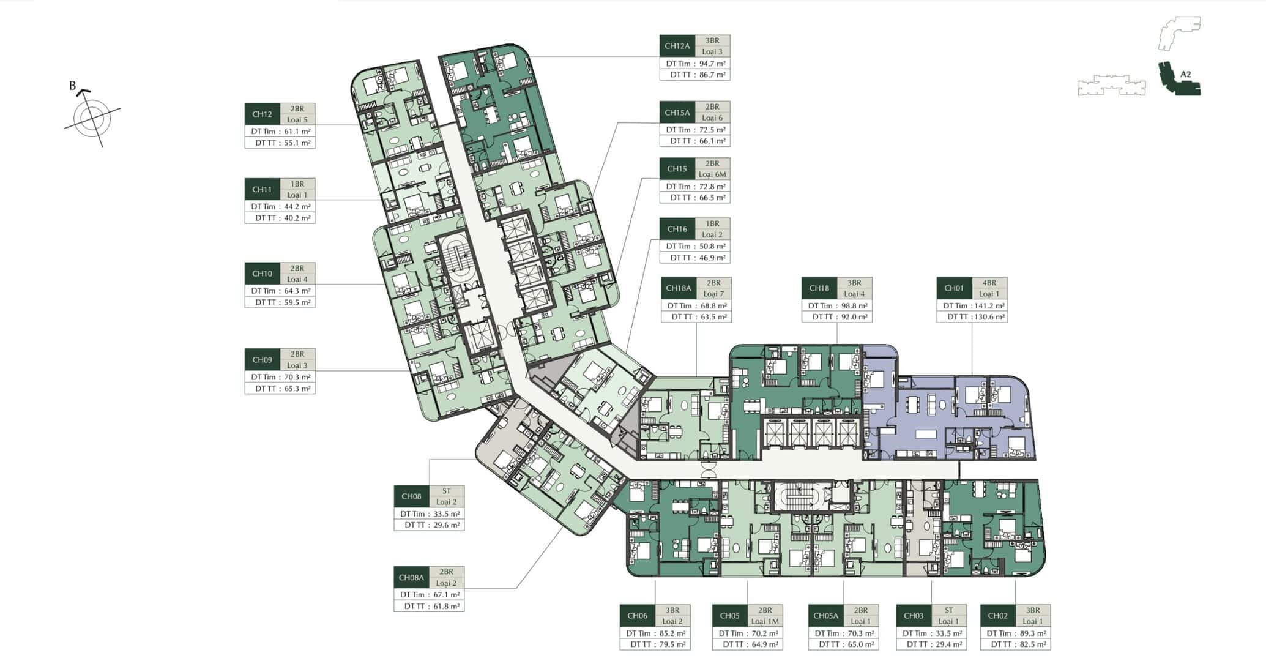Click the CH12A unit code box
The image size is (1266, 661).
coord(677,46)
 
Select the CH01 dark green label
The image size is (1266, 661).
coord(954,288)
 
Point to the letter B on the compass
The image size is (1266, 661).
coord(72,86)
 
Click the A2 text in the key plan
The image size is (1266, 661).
coord(1185,75)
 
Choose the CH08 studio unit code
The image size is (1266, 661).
coord(411,496)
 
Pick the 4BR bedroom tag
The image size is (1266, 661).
coord(989,283)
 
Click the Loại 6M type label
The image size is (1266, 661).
coord(712,174)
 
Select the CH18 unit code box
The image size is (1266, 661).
coord(819,288)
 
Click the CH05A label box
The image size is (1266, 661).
coord(826,616)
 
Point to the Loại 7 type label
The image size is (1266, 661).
coord(713,294)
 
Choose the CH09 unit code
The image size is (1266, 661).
coord(262,360)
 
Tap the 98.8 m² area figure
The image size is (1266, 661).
coord(854,305)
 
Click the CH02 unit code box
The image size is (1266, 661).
coord(997,616)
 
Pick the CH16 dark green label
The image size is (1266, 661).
coord(677,229)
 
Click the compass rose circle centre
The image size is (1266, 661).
coord(92,118)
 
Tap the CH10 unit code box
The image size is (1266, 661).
coord(262,274)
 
